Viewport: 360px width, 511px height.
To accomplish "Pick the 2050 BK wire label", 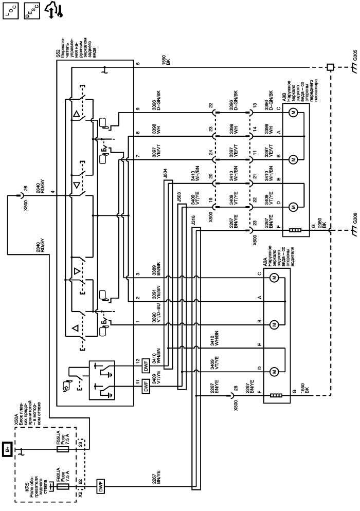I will [x=325, y=238].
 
